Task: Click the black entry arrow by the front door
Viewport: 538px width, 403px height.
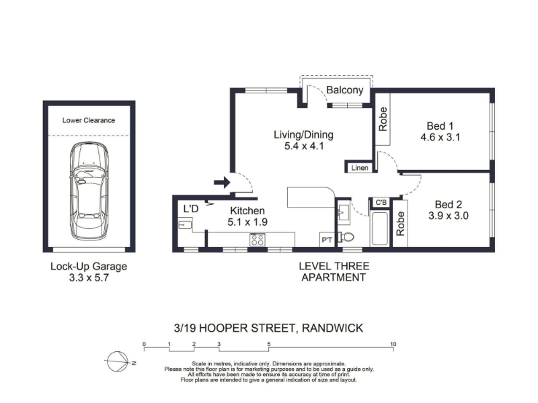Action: point(222,182)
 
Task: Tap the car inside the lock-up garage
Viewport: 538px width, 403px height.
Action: point(89,191)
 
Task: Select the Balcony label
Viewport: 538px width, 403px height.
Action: point(344,90)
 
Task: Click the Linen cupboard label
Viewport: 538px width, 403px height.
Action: point(360,168)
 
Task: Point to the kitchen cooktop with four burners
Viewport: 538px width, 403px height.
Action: point(258,239)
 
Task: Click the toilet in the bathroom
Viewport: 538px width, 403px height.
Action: point(346,237)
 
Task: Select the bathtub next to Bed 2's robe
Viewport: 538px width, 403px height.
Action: point(380,228)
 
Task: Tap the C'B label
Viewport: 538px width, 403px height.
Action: point(381,203)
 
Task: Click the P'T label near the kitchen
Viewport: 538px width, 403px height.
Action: point(326,240)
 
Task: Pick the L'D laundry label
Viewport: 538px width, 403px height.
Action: point(191,209)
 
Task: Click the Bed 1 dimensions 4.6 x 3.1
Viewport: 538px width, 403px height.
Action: point(440,138)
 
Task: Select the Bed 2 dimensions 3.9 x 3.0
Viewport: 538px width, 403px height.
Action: point(449,216)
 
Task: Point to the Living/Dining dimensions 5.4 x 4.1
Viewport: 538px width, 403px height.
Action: point(304,146)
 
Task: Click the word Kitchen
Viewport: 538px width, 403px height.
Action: point(247,210)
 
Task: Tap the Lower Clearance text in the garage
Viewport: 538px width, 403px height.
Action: point(89,120)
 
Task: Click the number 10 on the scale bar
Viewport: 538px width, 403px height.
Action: point(393,344)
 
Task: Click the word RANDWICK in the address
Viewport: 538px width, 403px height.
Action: point(332,328)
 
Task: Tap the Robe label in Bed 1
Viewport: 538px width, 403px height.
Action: point(383,119)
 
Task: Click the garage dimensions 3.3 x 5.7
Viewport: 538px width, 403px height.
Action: point(89,277)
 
